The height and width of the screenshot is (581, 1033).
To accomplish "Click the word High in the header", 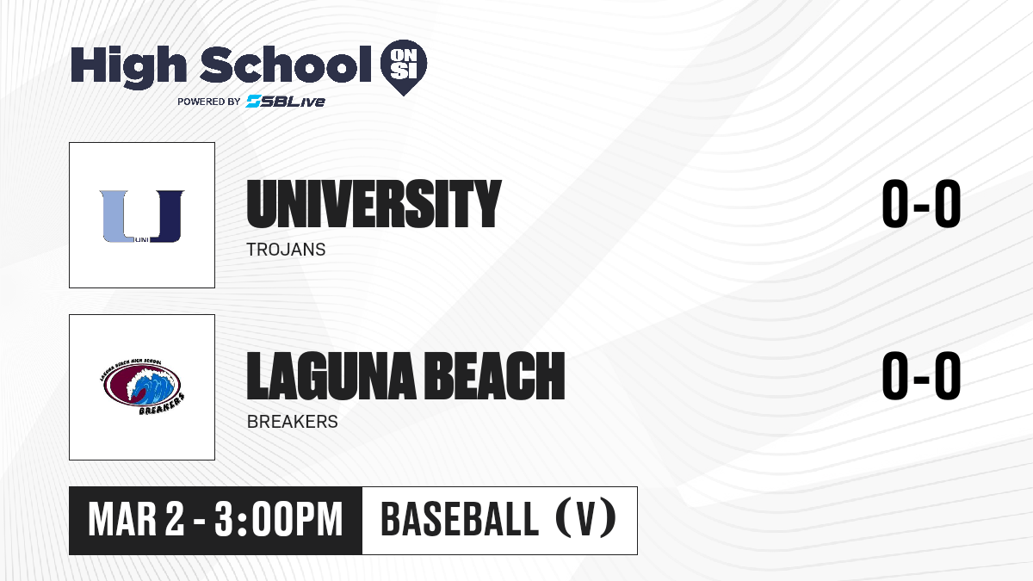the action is (x=129, y=67).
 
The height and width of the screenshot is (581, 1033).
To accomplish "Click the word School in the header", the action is (x=286, y=64).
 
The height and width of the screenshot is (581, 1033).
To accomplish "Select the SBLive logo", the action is (x=286, y=101).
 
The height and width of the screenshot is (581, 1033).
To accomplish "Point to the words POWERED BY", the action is (x=209, y=102).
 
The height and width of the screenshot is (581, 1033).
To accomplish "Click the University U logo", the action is (x=142, y=216).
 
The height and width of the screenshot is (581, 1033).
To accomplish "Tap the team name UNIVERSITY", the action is (x=374, y=204).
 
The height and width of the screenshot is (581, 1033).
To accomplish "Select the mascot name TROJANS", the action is (x=287, y=250).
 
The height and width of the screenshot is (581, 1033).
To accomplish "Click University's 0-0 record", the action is (x=921, y=203).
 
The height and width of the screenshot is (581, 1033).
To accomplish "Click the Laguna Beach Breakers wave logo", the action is (x=142, y=386).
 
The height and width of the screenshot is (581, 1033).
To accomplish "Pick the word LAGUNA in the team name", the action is (x=331, y=376).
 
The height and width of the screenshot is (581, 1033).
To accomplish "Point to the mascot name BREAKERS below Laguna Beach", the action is (x=293, y=422).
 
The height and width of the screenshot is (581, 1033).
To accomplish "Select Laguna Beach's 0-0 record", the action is (x=921, y=376).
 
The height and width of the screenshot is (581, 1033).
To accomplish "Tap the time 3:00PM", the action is (x=279, y=519).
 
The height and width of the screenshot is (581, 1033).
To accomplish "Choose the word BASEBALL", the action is (x=460, y=519).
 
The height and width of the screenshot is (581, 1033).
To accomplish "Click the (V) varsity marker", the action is (x=585, y=519).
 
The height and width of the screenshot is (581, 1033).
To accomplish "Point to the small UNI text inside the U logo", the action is (x=142, y=240).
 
